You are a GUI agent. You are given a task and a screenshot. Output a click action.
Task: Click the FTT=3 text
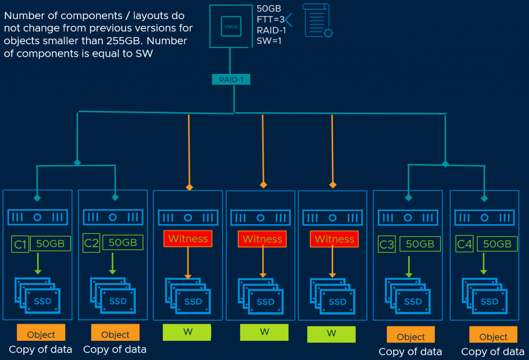coord(270,20)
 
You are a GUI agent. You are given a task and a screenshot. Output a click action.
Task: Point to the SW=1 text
coord(270,41)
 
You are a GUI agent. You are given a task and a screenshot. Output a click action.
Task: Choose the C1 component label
coord(20,243)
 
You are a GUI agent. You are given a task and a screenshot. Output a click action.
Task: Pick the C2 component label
coord(91,243)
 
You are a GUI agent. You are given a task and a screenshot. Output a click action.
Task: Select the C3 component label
coord(387,244)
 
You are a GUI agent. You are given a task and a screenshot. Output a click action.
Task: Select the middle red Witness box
coord(262,239)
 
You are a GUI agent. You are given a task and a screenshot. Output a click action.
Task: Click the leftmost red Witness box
coord(188,239)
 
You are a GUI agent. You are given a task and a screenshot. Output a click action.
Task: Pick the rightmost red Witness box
coord(334,239)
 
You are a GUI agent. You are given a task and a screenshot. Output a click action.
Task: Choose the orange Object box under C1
coord(41,334)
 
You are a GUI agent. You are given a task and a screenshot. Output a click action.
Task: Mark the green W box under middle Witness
coord(264,332)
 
